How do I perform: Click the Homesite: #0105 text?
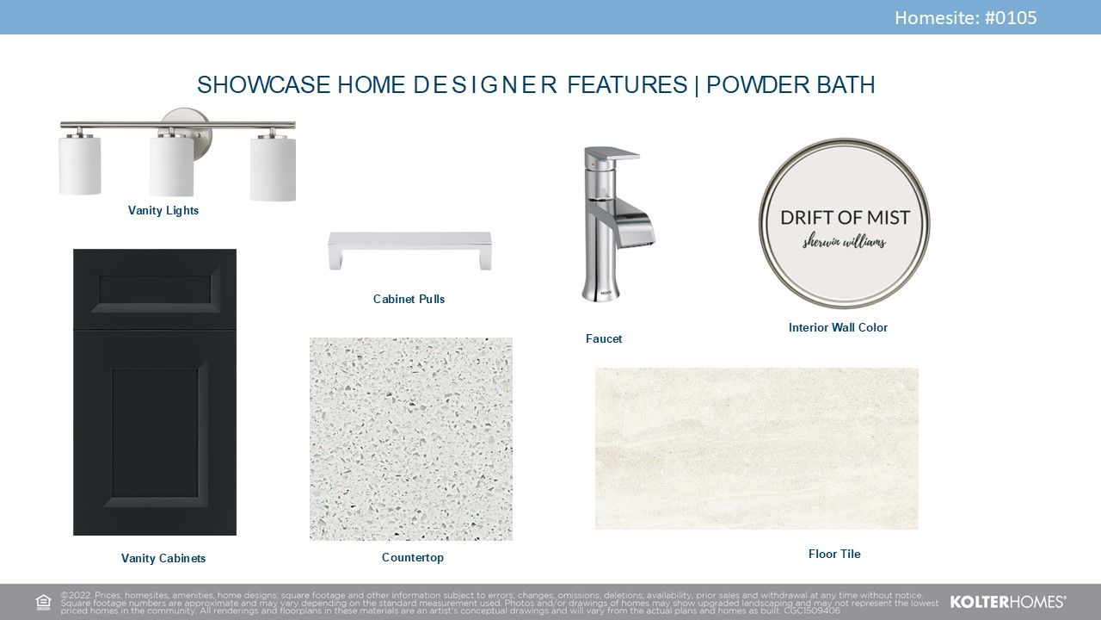(x=965, y=18)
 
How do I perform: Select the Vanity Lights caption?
(x=163, y=211)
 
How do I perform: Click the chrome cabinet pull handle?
(x=409, y=250)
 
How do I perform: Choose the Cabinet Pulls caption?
(x=409, y=299)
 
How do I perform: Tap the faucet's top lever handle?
(x=612, y=154)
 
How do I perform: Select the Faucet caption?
(x=604, y=338)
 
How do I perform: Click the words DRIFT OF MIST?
(x=845, y=218)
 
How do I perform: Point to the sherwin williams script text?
(x=844, y=242)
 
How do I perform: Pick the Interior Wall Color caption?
(x=838, y=327)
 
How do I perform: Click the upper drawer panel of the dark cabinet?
(x=155, y=290)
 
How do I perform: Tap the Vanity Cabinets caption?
(x=163, y=558)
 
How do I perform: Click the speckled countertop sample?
(x=411, y=439)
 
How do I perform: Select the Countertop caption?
(x=412, y=557)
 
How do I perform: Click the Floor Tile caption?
(x=834, y=554)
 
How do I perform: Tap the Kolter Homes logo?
(x=1007, y=602)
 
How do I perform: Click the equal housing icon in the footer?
(x=43, y=602)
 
